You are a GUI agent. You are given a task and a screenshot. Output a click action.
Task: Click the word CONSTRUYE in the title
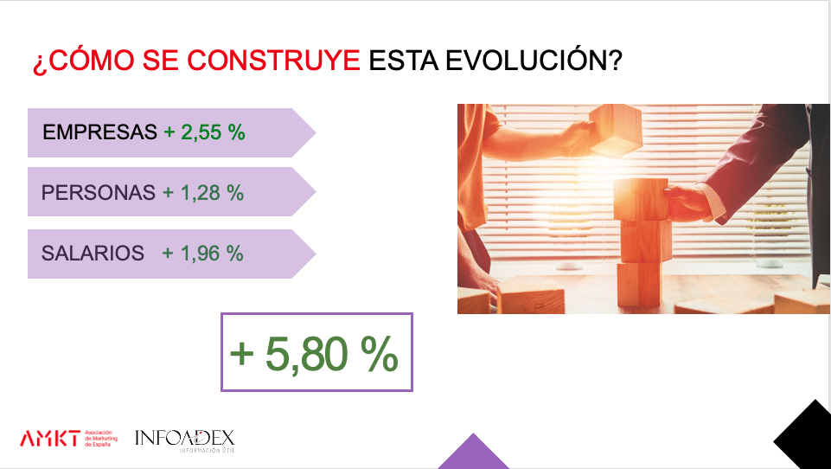273,60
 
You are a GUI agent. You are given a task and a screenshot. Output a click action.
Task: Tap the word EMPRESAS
99,132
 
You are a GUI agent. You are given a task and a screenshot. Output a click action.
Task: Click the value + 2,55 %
205,132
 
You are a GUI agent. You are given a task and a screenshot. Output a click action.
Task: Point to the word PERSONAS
98,193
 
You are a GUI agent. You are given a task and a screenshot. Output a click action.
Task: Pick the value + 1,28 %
203,193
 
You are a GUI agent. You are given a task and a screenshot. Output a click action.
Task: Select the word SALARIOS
93,253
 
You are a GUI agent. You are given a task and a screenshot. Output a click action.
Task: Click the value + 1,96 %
202,253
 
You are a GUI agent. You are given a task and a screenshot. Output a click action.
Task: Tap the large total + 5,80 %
314,354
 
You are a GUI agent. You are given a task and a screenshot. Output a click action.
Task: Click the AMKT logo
68,438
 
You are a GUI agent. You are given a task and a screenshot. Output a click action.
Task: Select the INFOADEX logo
184,440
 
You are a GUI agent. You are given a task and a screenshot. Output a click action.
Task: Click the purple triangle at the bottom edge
473,452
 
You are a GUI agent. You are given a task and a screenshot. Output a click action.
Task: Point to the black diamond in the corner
804,437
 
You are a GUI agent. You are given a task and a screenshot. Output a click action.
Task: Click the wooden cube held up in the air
616,130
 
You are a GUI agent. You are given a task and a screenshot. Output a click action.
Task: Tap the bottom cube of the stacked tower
639,284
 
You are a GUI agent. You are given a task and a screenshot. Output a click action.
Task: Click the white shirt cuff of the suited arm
712,202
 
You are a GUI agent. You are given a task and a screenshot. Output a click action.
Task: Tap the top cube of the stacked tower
641,199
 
